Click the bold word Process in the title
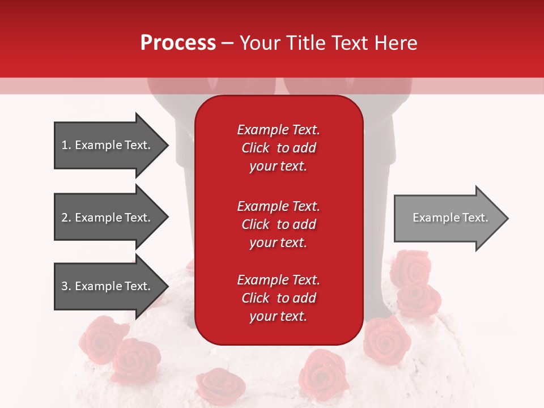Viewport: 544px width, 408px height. [x=178, y=43]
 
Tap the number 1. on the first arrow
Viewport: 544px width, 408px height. [x=66, y=145]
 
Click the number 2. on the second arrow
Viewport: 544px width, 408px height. [x=66, y=218]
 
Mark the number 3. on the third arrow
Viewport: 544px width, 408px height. [x=66, y=286]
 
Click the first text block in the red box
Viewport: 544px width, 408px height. [x=278, y=148]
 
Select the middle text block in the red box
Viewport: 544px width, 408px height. [x=278, y=224]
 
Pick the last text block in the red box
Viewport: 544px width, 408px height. [x=278, y=298]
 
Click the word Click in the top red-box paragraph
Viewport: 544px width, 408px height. [x=255, y=148]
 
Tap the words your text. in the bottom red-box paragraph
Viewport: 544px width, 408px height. [x=278, y=316]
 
